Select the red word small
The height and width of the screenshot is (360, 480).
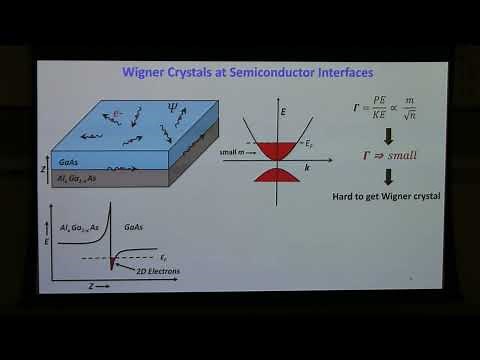(x=400, y=156)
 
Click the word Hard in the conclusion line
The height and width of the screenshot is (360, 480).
(x=344, y=197)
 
